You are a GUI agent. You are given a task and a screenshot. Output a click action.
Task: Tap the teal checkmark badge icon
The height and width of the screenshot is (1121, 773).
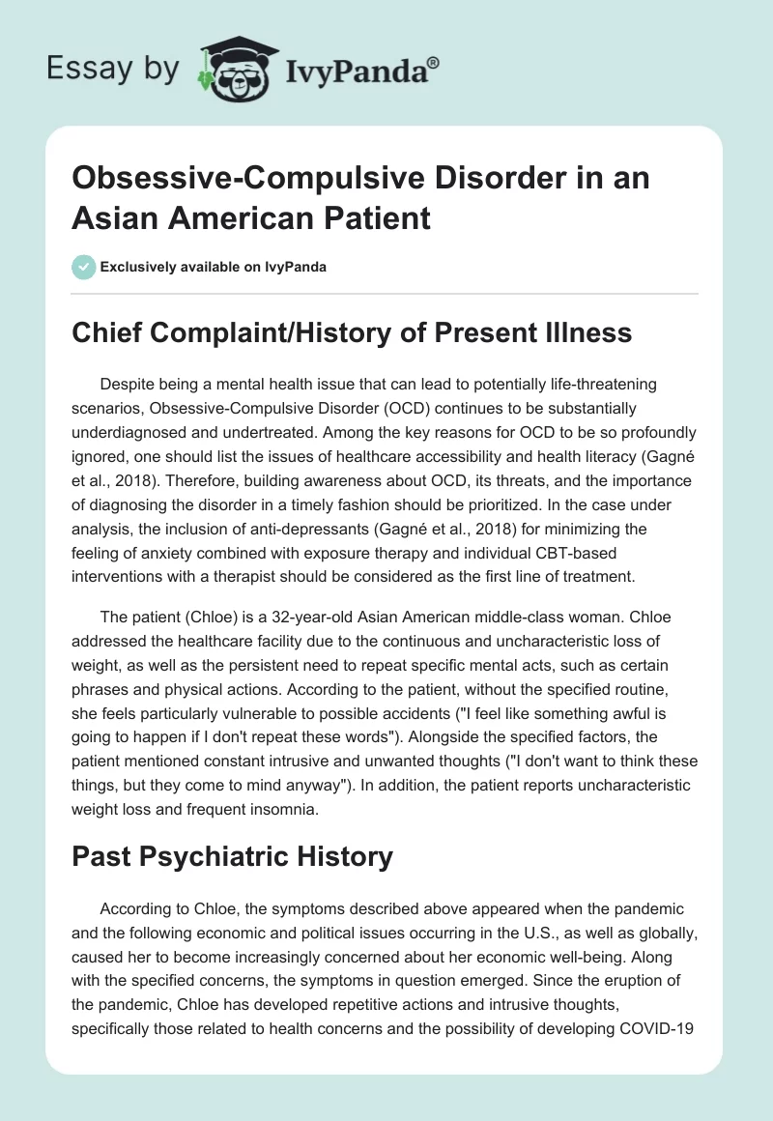[x=83, y=267]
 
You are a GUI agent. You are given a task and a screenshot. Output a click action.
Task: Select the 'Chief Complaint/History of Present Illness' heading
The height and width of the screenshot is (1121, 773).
[x=353, y=332]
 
